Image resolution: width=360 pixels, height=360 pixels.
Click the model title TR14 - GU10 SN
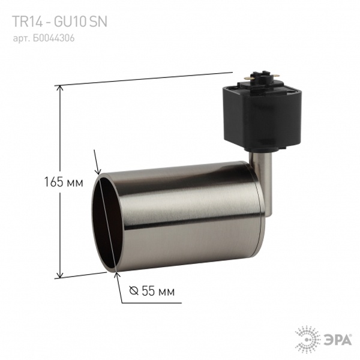(59, 22)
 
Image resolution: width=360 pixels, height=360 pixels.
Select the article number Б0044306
(54, 38)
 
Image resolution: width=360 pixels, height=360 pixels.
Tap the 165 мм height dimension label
(64, 182)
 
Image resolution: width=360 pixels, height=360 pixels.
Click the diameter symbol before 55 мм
(134, 290)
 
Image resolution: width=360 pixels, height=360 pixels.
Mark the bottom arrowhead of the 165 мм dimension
(60, 274)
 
